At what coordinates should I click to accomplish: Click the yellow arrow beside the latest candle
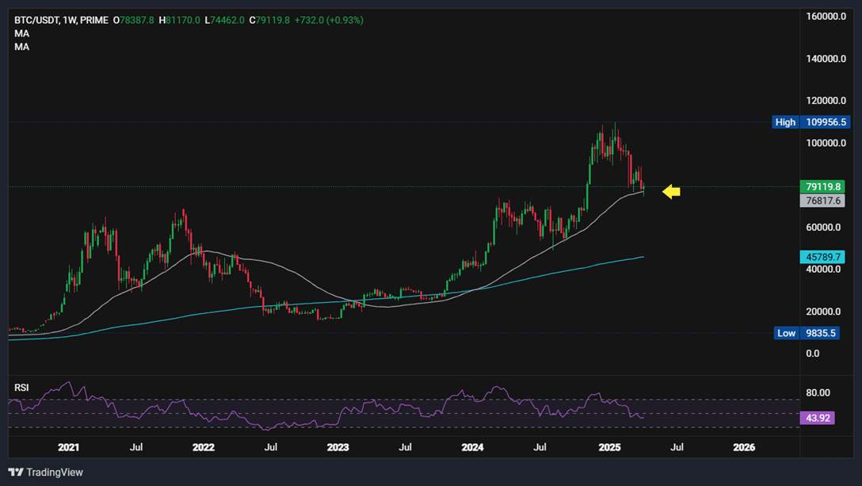[671, 191]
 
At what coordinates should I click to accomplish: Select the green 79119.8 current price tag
[823, 187]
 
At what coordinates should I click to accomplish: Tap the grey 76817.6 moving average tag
[823, 201]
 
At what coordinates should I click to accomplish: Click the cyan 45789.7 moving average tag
[823, 257]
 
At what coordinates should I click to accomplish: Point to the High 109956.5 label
[811, 122]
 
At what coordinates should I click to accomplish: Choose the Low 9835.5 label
[806, 333]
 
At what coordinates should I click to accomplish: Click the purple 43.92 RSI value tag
[817, 418]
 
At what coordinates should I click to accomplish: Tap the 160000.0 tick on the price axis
[823, 17]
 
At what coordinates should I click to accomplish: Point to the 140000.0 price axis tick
[823, 59]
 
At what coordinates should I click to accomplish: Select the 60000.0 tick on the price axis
[823, 228]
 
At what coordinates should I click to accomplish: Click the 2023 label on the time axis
[338, 447]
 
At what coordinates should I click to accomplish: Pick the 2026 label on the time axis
[744, 447]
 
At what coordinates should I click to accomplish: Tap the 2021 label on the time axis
[69, 447]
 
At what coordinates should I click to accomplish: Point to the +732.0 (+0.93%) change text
[329, 20]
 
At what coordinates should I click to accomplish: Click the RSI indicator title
[21, 387]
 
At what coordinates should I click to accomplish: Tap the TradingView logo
[46, 473]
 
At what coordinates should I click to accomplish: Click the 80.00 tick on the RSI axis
[818, 392]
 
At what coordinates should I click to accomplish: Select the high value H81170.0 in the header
[179, 20]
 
